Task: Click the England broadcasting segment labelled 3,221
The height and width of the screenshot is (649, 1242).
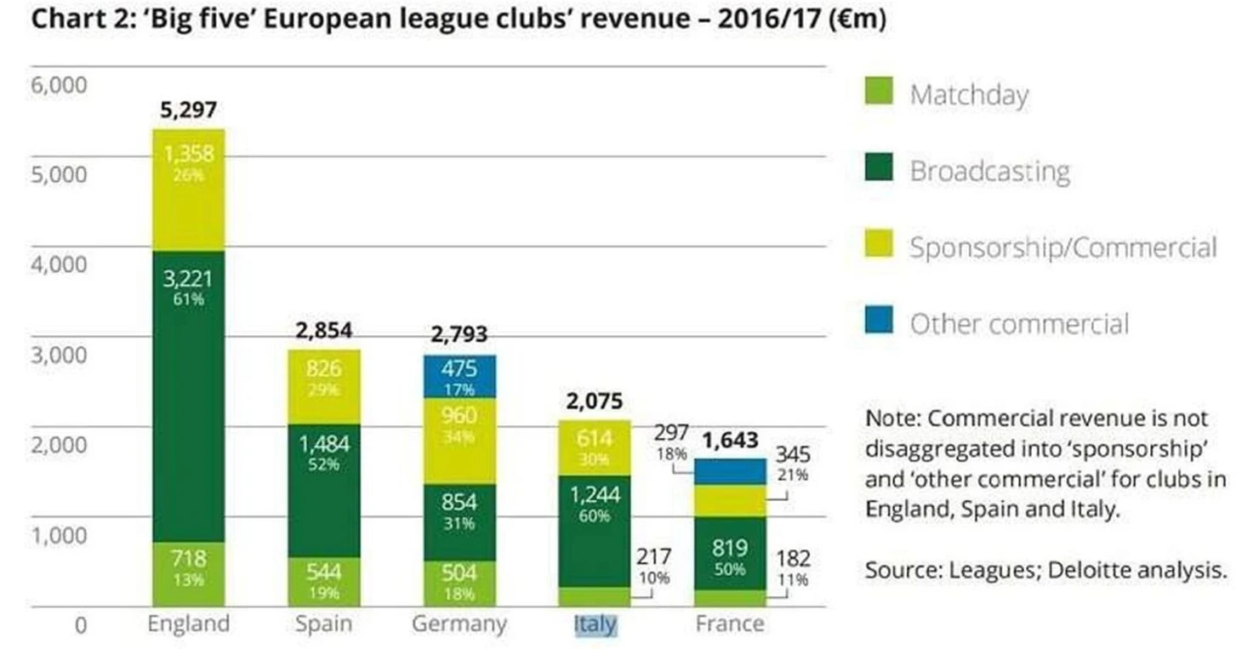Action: (x=188, y=396)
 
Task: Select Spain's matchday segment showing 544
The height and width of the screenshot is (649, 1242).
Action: (x=322, y=581)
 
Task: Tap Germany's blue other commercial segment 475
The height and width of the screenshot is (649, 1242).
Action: (x=459, y=377)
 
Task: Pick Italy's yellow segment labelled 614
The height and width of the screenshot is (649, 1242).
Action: (x=595, y=447)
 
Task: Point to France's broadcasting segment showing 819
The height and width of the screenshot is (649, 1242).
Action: (x=729, y=553)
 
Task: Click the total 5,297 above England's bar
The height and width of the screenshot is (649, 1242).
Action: (x=188, y=110)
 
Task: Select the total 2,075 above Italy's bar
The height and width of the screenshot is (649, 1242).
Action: (x=595, y=401)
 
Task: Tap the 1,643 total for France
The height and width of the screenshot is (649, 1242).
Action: (x=730, y=441)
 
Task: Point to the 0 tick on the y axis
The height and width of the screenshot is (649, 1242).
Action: (x=81, y=626)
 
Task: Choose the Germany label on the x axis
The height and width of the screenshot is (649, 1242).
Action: (x=459, y=623)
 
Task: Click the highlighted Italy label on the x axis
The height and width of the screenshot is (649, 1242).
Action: (x=595, y=624)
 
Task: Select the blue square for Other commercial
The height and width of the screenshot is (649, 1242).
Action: (x=879, y=321)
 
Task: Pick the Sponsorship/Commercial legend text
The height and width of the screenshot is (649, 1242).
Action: (x=1063, y=248)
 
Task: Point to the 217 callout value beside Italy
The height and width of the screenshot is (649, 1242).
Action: (x=653, y=557)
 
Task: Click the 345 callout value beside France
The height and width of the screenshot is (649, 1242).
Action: (x=792, y=453)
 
